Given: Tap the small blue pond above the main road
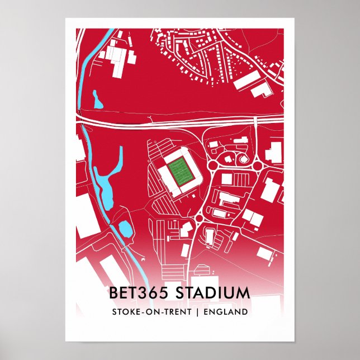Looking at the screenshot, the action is point(97,101).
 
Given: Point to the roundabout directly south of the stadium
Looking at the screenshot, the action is point(200,217).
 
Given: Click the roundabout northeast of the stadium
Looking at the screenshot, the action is point(213,165).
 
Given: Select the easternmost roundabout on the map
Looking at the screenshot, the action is point(257,166).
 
